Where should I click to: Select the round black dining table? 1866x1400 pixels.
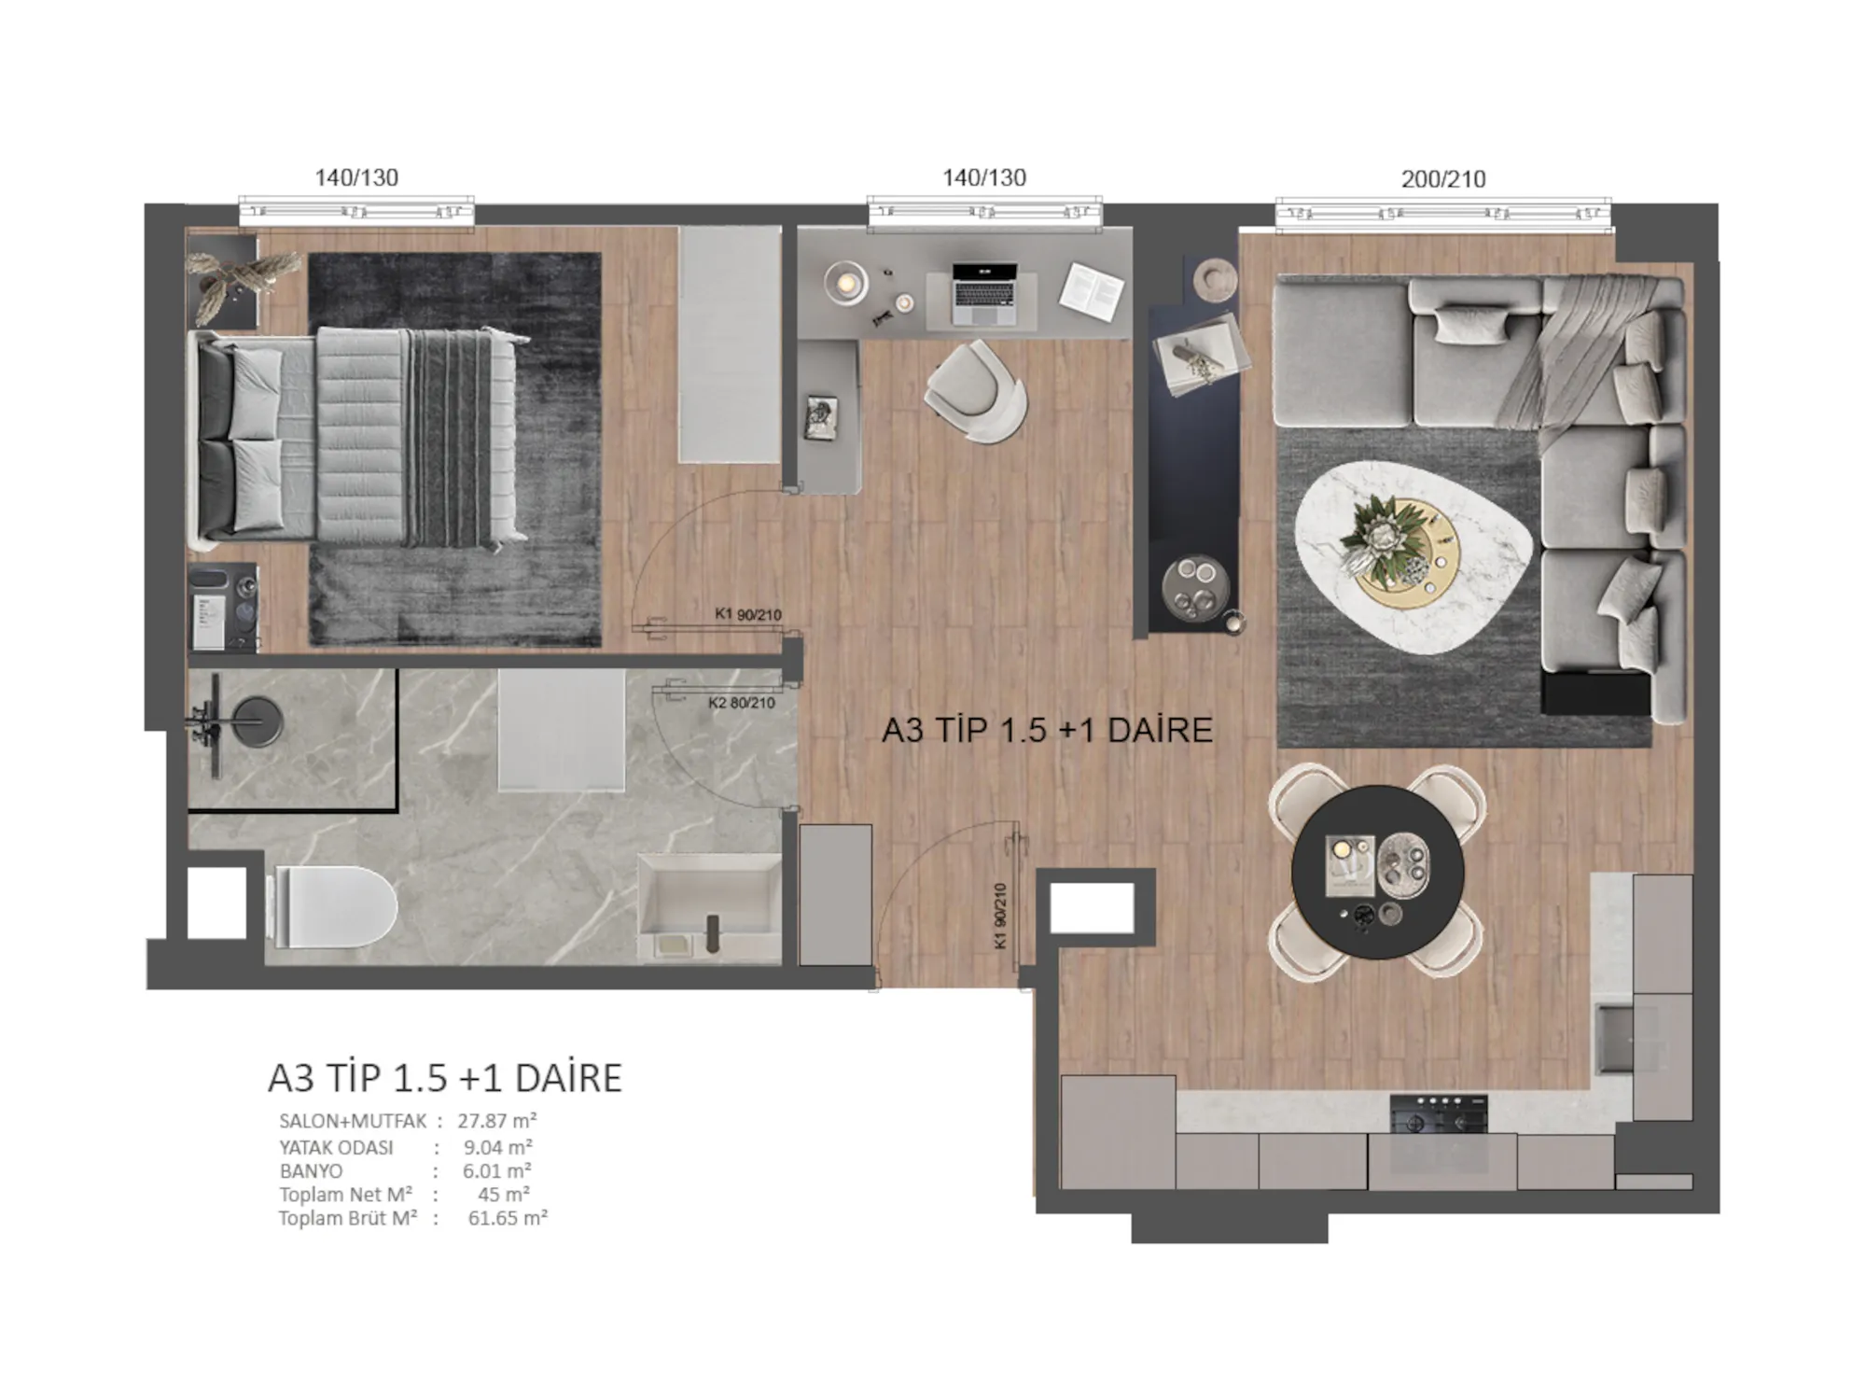pyautogui.click(x=1377, y=873)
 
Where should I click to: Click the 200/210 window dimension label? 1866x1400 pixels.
pyautogui.click(x=1443, y=179)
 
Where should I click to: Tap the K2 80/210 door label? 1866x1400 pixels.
pyautogui.click(x=742, y=703)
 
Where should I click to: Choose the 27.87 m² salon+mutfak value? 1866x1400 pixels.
pyautogui.click(x=497, y=1121)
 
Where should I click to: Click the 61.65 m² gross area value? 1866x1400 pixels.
pyautogui.click(x=508, y=1218)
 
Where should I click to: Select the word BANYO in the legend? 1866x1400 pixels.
pyautogui.click(x=311, y=1171)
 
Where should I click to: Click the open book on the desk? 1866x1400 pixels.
pyautogui.click(x=1092, y=291)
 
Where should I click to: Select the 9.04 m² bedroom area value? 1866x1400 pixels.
pyautogui.click(x=498, y=1148)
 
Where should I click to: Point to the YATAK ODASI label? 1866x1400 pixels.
pyautogui.click(x=336, y=1148)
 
